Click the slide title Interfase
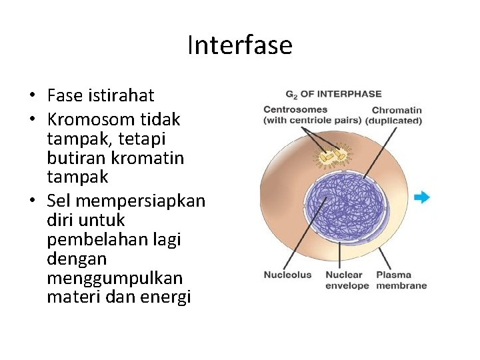239,45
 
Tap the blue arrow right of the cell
421,197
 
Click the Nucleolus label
287,275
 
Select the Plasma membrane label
401,280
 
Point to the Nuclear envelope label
347,280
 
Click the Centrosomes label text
295,110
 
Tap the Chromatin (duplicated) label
397,115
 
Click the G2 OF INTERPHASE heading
333,94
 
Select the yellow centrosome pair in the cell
331,157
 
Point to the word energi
167,297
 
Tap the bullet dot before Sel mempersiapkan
32,201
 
